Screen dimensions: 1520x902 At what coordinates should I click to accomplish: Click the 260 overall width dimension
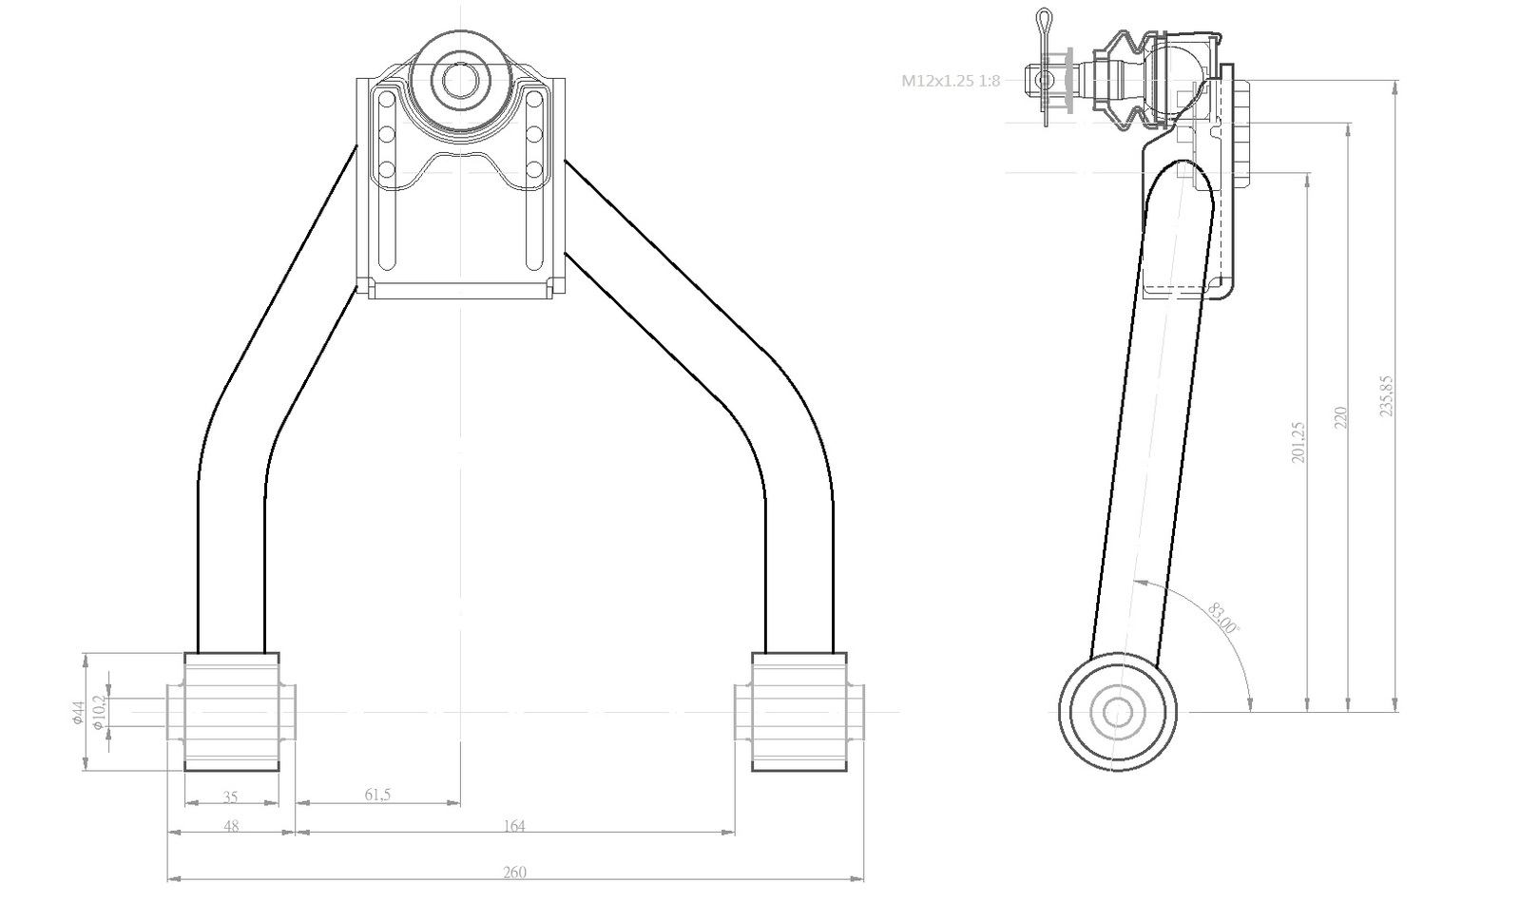(x=514, y=873)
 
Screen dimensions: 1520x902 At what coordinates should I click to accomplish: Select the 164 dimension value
(x=514, y=826)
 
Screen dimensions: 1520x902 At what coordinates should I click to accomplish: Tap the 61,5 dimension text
(x=377, y=794)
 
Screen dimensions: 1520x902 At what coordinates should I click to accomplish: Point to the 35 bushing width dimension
(x=231, y=796)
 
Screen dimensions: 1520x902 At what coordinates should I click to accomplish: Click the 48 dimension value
(x=231, y=826)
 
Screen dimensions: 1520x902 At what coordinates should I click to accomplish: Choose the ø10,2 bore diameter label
(x=99, y=712)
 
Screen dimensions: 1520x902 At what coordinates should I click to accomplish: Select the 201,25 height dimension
(x=1298, y=443)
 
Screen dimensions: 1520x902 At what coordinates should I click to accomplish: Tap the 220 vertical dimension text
(x=1339, y=417)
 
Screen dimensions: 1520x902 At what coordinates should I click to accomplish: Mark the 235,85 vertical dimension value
(x=1386, y=395)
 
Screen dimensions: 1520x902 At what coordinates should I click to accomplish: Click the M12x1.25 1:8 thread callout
(x=950, y=81)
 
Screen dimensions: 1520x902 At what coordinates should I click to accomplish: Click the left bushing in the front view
(x=231, y=712)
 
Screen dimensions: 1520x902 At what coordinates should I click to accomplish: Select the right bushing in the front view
(x=799, y=712)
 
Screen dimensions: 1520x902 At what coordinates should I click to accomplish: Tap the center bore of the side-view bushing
(x=1117, y=712)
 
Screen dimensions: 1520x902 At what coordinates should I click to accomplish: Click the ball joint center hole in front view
(x=461, y=81)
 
